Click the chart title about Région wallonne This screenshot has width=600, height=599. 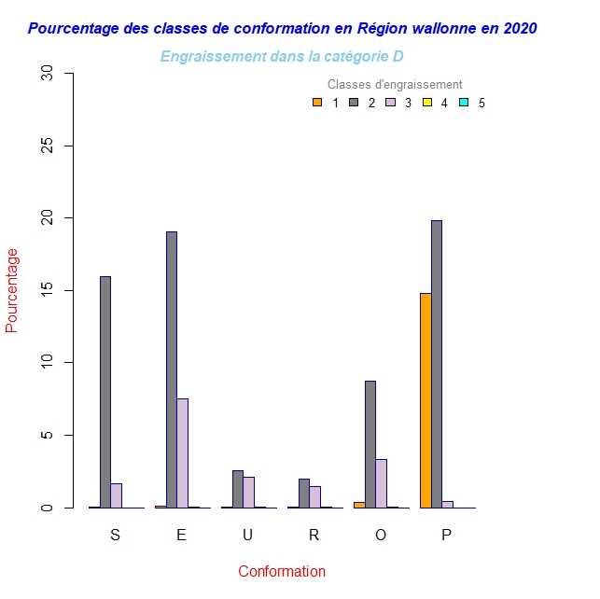click(282, 28)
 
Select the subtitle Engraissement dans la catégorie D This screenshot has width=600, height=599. click(282, 57)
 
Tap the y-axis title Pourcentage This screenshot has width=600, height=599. click(12, 290)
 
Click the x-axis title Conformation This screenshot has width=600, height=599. click(282, 571)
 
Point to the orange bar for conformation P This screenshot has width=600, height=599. click(426, 400)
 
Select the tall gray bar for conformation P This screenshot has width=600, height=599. click(437, 364)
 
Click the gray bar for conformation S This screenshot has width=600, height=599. click(105, 392)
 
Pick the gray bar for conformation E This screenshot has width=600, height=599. click(172, 369)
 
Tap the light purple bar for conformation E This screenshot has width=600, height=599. click(183, 453)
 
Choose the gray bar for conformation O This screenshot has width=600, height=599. click(370, 444)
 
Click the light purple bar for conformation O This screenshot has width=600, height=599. click(382, 483)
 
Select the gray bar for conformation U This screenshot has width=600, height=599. click(238, 489)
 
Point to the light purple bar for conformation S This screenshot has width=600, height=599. click(117, 495)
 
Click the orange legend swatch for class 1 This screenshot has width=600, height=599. click(317, 103)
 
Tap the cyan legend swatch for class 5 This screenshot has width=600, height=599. click(464, 103)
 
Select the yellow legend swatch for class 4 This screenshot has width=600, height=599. click(427, 103)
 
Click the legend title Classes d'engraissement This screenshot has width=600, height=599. click(395, 85)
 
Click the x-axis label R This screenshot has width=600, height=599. click(314, 535)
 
